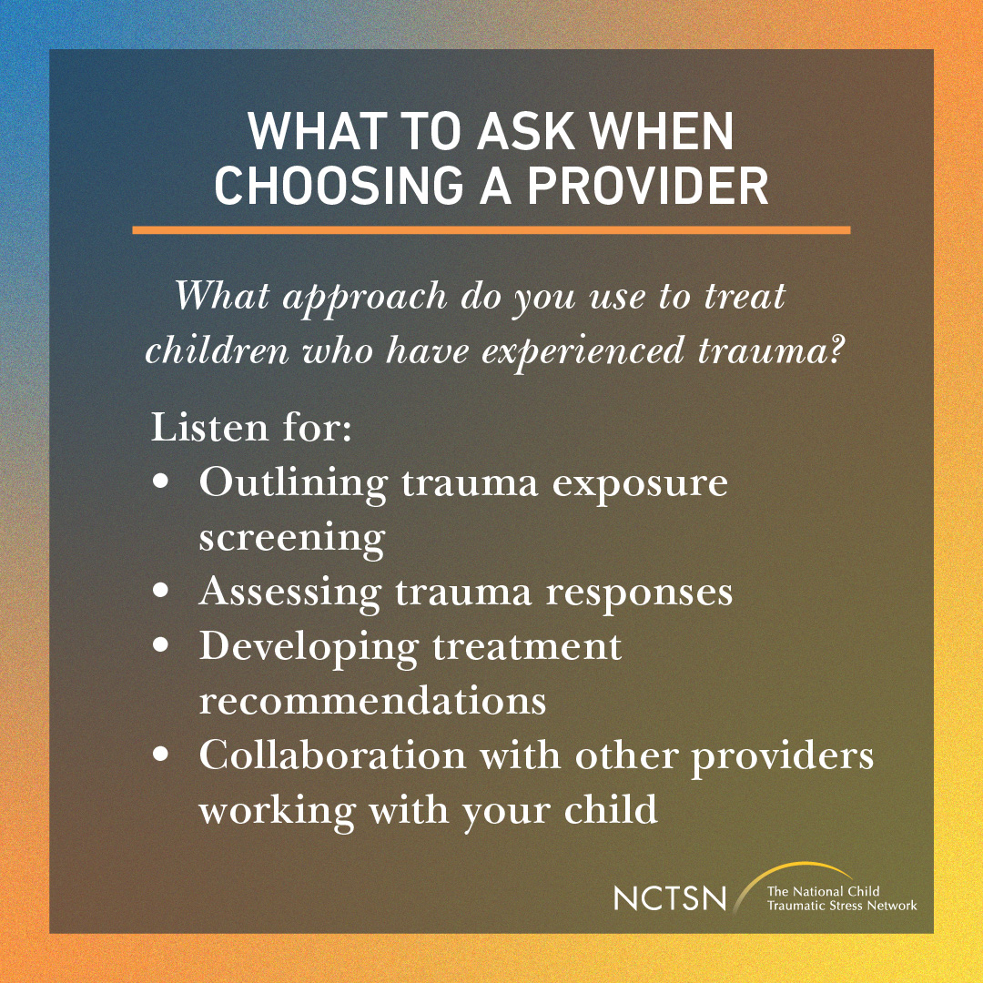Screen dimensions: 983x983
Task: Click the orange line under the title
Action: point(491,230)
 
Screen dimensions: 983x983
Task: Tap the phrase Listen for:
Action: point(251,427)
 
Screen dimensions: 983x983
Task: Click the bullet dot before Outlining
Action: point(163,483)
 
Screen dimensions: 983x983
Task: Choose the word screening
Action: point(292,539)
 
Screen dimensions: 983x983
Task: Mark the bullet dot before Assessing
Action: point(163,593)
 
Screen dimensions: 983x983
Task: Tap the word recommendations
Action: point(372,702)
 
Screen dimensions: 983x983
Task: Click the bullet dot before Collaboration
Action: point(163,755)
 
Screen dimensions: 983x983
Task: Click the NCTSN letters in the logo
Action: point(670,898)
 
